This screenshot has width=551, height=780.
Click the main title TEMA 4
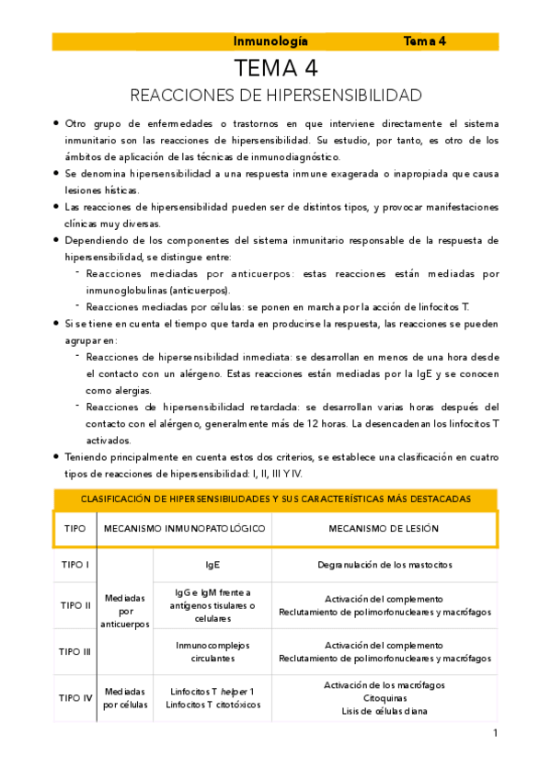tap(276, 69)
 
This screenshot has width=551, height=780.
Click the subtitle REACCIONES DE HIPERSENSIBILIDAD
tap(276, 96)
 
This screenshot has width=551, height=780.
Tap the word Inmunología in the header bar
tap(270, 41)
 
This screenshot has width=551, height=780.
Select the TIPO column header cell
tap(75, 529)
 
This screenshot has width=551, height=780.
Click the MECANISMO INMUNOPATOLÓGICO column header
tap(185, 529)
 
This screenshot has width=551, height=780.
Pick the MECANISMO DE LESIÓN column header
tap(384, 529)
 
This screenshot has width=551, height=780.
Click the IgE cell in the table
tap(212, 564)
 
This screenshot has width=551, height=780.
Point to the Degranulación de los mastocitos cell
tap(384, 564)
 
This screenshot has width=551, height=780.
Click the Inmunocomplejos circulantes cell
tap(212, 651)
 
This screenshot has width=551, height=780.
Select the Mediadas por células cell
tap(125, 698)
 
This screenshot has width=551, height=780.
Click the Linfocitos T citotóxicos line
tap(212, 705)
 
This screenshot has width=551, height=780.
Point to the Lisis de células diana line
tap(384, 711)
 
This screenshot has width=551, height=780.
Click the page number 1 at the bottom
tap(495, 733)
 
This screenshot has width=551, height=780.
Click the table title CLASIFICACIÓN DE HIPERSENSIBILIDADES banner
tap(276, 499)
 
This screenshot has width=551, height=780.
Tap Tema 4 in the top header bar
tap(425, 41)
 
